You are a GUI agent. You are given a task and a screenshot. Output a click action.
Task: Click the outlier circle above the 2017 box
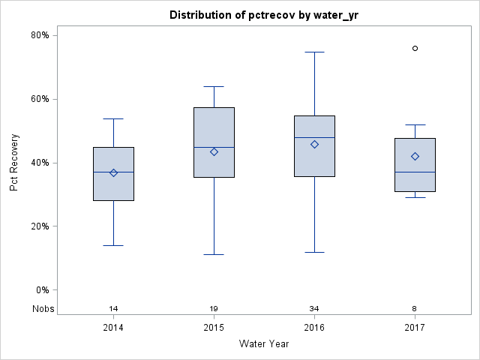pos(415,48)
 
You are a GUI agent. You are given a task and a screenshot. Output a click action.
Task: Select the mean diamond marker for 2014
pos(113,172)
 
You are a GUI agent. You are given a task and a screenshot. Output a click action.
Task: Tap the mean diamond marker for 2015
pos(214,151)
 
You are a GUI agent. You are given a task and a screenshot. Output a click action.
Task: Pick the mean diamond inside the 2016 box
pos(314,144)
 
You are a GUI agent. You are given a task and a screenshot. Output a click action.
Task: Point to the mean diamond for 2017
pos(415,156)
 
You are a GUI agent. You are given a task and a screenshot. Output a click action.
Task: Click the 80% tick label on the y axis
pos(40,35)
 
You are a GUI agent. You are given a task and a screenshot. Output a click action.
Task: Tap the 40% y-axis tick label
pos(40,163)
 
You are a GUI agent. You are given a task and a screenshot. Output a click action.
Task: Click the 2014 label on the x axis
pos(113,328)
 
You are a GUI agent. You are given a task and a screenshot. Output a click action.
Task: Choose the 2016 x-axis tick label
pos(314,328)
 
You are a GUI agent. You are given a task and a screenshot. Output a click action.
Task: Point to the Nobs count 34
pos(314,309)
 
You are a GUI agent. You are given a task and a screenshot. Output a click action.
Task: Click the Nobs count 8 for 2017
pos(415,309)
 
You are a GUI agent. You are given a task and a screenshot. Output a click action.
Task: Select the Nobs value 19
pos(214,309)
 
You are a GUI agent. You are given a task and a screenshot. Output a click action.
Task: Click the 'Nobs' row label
pos(43,309)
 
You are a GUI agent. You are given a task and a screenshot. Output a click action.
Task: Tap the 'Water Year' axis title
pos(264,344)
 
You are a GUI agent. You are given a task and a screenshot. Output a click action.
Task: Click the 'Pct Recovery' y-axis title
pos(14,163)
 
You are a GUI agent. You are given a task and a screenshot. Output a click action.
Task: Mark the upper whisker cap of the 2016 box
pos(314,52)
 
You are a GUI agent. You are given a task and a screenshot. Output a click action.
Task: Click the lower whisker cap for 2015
pos(214,254)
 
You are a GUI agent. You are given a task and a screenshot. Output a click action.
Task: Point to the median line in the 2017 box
pos(415,172)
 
